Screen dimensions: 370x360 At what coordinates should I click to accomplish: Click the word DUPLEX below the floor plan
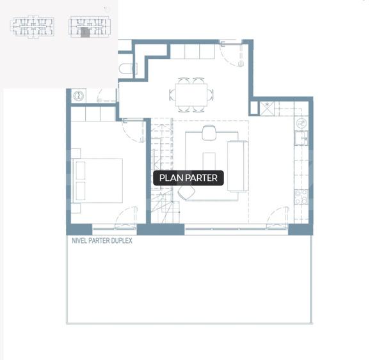tap(122, 240)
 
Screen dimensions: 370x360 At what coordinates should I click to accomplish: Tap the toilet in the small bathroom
tap(127, 68)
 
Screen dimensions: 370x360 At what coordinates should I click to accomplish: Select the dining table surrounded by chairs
tap(191, 95)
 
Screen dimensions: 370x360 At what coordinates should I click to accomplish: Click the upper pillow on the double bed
tap(81, 171)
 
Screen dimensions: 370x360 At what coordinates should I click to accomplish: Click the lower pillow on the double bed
tap(81, 191)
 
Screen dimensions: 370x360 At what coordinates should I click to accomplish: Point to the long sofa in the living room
tap(238, 166)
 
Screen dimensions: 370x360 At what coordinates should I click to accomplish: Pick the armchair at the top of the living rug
tap(209, 133)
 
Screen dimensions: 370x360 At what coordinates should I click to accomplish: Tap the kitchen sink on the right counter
tap(301, 138)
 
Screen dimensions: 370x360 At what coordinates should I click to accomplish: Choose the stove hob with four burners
tap(302, 197)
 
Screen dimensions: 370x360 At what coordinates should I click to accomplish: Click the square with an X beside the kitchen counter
tap(267, 109)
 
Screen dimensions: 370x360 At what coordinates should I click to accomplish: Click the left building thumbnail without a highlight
tap(32, 26)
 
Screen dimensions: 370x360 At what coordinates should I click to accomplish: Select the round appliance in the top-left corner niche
tap(78, 96)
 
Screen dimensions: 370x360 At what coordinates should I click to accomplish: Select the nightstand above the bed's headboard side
tap(76, 153)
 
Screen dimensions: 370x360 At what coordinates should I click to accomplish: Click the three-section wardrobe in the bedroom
tap(93, 114)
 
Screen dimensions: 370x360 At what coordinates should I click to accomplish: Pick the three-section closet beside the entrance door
tap(192, 51)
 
